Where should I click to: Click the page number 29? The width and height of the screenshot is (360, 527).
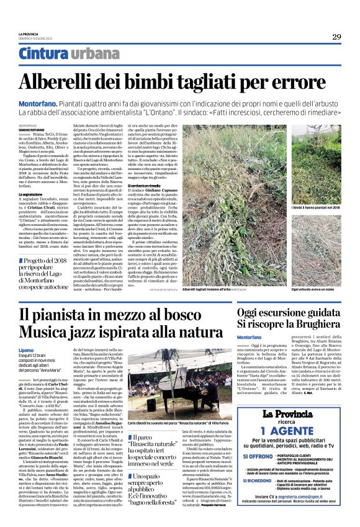[336, 37]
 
